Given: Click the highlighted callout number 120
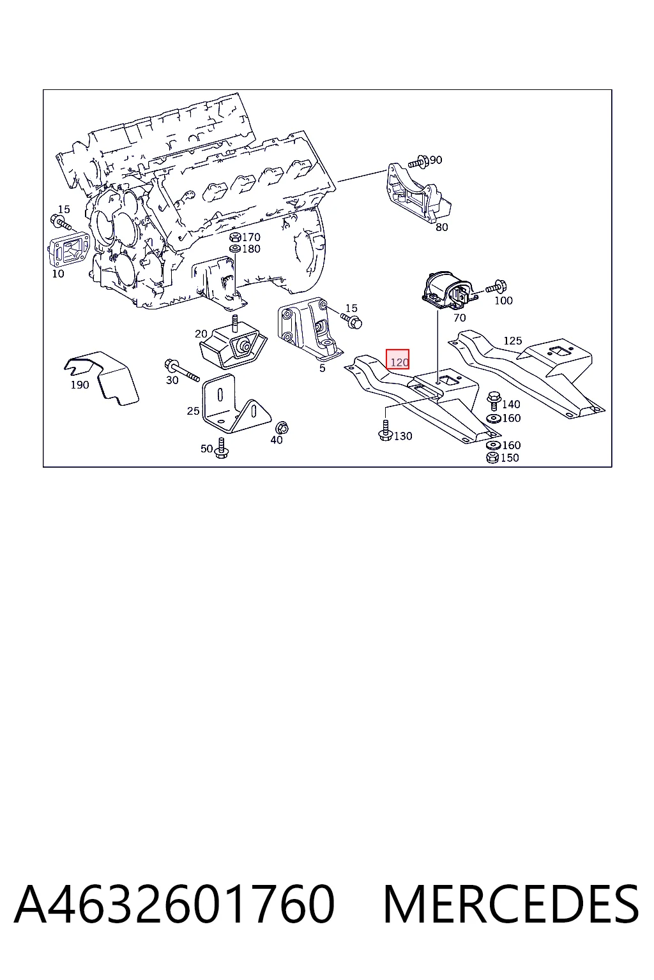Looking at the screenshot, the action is point(397,359).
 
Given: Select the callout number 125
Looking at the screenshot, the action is point(512,340).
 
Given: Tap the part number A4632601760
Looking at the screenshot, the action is point(174,904).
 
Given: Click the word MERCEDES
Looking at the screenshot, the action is point(511,904).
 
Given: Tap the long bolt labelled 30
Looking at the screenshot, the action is point(181,370).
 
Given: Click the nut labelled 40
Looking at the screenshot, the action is point(282,427).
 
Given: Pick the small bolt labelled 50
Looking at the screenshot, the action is point(221,449).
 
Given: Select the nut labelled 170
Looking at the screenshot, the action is point(235,237).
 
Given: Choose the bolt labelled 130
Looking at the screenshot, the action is point(385,431).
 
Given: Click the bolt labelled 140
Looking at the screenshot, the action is point(494,400).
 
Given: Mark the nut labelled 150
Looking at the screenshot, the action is point(492,457).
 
